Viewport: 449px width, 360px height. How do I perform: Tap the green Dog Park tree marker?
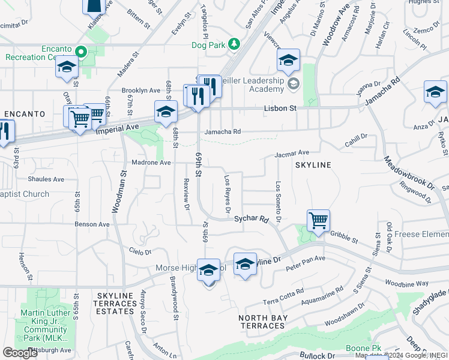point(235,44)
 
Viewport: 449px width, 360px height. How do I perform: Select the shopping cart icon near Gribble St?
point(318,220)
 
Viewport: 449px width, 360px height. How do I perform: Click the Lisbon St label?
point(280,109)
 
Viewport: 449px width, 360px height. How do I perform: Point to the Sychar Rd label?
point(250,220)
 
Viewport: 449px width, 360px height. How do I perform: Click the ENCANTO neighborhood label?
point(25,113)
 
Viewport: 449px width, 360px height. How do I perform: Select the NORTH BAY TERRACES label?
point(262,322)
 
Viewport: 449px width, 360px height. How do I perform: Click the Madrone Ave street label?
point(151,163)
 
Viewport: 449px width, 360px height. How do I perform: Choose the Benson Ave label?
point(92,224)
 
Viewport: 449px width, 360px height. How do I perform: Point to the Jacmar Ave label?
point(292,154)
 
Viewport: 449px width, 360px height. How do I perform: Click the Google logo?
point(20,353)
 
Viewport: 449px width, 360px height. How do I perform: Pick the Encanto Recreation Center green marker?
point(85,52)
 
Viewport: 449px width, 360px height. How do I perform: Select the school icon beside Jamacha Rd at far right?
point(435,92)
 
